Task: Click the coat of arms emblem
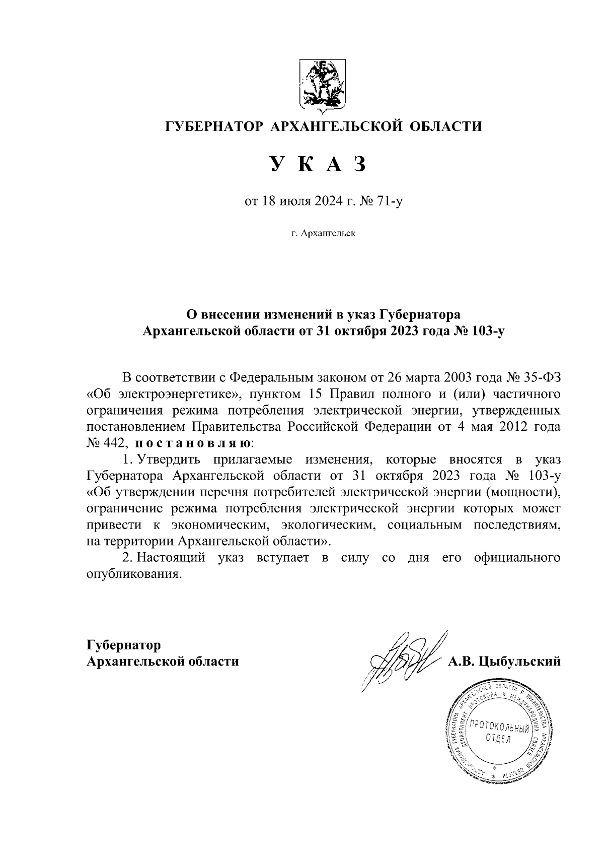pyautogui.click(x=323, y=84)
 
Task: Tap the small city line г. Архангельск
pyautogui.click(x=323, y=234)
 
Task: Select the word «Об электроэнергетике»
pyautogui.click(x=166, y=393)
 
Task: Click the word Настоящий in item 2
pyautogui.click(x=171, y=558)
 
